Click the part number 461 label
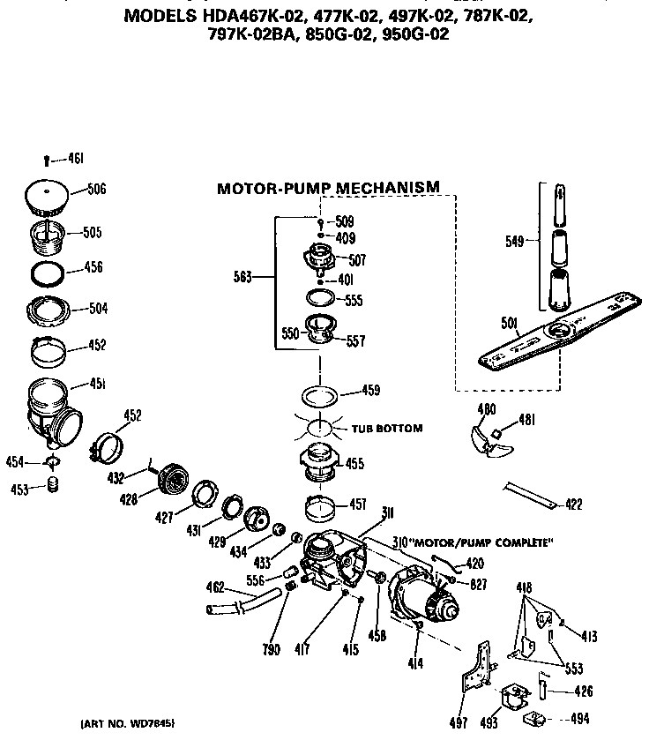[76, 159]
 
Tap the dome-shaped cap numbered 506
[48, 197]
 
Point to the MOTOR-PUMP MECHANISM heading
[328, 188]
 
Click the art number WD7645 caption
[127, 723]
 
